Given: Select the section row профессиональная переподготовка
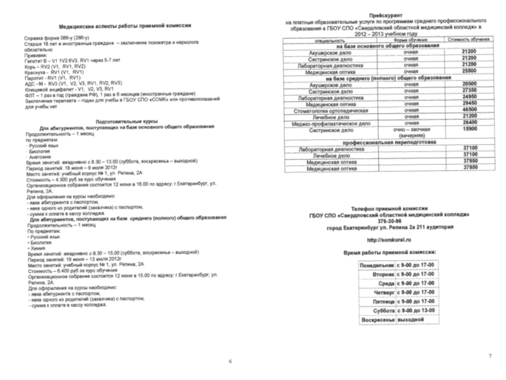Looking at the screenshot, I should pos(386,142).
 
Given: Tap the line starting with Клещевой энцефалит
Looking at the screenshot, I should pos(68,89).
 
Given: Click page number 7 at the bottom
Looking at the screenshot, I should pos(490,355).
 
